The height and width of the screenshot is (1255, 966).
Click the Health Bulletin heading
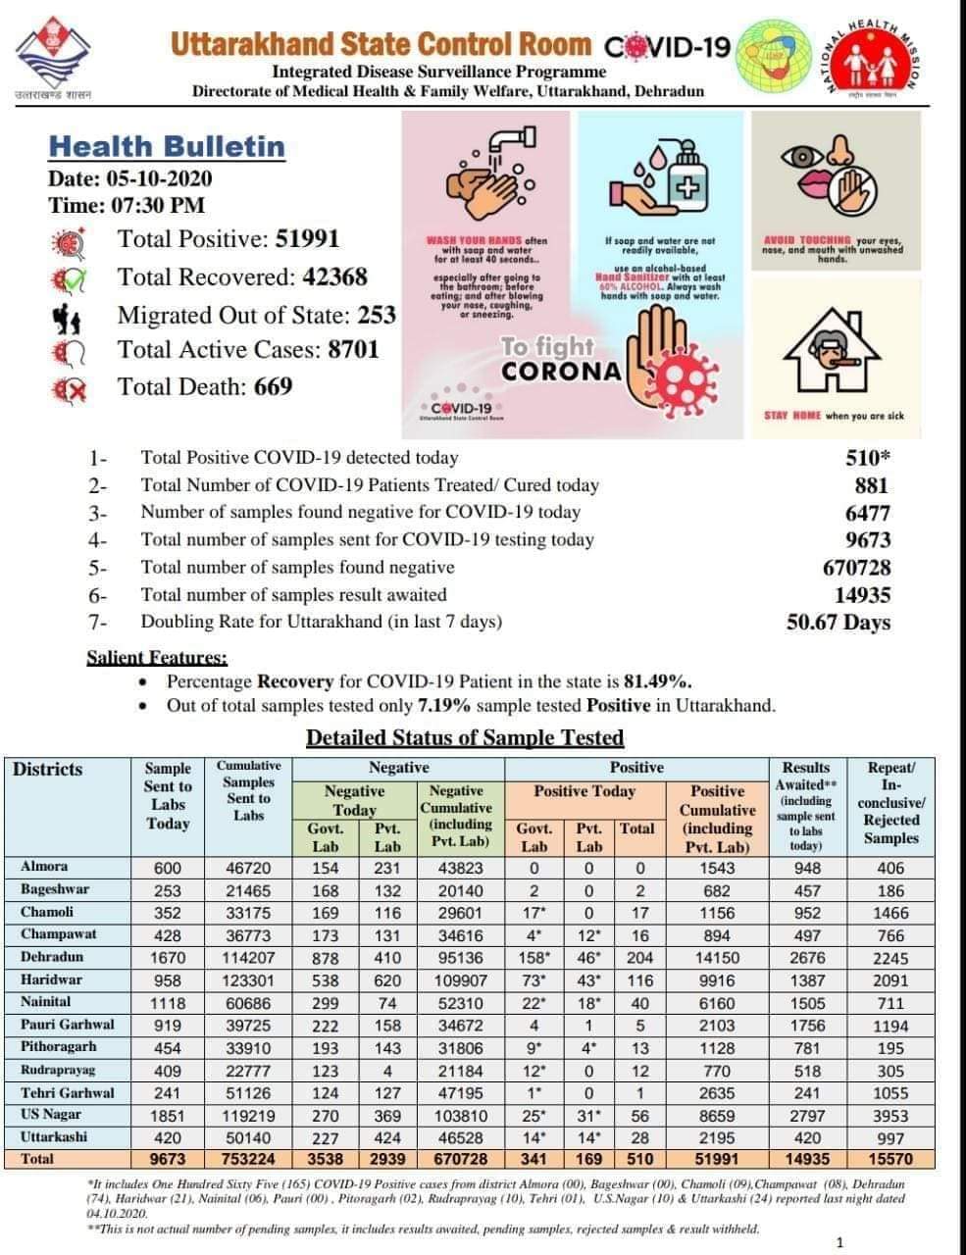tap(167, 147)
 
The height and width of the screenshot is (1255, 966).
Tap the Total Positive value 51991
tap(307, 238)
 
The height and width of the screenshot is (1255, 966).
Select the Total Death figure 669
tap(273, 386)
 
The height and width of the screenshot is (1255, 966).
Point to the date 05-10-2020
tap(156, 178)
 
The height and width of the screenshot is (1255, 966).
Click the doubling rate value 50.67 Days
tap(839, 623)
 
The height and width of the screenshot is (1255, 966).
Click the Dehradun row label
tap(52, 957)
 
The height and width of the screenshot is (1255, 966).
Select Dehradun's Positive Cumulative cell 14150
tap(717, 958)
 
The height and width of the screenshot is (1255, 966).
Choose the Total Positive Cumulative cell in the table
tap(717, 1159)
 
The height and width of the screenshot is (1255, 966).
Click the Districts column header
tap(47, 770)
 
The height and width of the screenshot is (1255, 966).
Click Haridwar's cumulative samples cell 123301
tap(248, 979)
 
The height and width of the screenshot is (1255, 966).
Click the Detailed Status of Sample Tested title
tap(465, 737)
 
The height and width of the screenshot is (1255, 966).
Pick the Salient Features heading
tap(157, 658)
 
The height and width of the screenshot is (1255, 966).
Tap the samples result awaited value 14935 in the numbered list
tap(862, 595)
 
